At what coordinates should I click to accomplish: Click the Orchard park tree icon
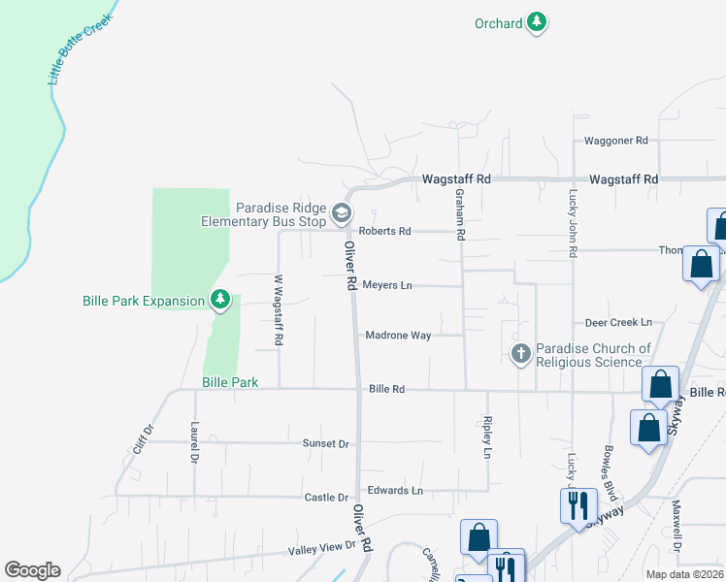pyautogui.click(x=537, y=23)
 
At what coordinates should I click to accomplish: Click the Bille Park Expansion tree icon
pyautogui.click(x=220, y=300)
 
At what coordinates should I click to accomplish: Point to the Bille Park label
pyautogui.click(x=230, y=382)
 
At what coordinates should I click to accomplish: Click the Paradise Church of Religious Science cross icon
pyautogui.click(x=521, y=354)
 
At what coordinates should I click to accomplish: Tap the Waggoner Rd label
pyautogui.click(x=614, y=141)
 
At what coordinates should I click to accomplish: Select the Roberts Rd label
pyautogui.click(x=384, y=231)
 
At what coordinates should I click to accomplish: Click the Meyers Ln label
pyautogui.click(x=387, y=285)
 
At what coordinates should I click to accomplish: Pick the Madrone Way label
pyautogui.click(x=398, y=336)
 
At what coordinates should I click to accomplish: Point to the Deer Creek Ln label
pyautogui.click(x=618, y=322)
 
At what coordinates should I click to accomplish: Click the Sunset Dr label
pyautogui.click(x=325, y=443)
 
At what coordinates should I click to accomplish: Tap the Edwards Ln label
pyautogui.click(x=394, y=491)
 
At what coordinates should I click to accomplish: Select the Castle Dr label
pyautogui.click(x=326, y=498)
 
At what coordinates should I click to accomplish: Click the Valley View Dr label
pyautogui.click(x=323, y=549)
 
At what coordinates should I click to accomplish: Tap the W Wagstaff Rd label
pyautogui.click(x=278, y=310)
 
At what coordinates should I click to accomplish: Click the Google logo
pyautogui.click(x=32, y=570)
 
